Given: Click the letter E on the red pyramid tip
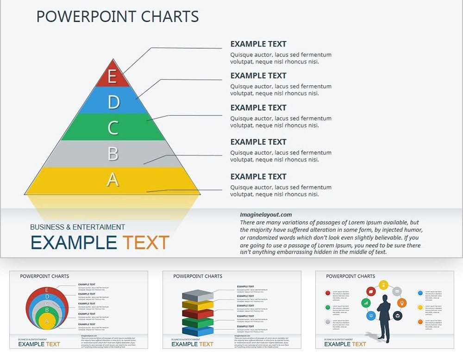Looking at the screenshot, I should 112,76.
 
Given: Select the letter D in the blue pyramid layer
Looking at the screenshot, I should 113,102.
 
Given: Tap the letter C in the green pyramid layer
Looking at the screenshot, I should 113,128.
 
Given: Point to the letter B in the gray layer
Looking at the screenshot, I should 113,153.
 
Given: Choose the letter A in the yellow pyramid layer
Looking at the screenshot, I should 113,180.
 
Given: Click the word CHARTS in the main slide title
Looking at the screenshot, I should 170,17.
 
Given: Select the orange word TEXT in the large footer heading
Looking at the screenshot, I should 146,243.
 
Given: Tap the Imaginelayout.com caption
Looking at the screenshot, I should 266,215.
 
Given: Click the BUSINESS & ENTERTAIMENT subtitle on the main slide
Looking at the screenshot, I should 77,227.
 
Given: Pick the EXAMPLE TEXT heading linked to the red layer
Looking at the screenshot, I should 258,44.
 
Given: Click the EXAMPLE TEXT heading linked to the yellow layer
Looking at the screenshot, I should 258,176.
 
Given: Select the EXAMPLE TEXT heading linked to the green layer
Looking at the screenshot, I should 258,107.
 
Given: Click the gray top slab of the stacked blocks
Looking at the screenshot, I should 197,294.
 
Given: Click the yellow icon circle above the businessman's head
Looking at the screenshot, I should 383,285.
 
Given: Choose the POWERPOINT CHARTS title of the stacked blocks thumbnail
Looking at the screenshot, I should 198,276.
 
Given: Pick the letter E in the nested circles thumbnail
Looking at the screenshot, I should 46,290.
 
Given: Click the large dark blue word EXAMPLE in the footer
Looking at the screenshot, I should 73,243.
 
